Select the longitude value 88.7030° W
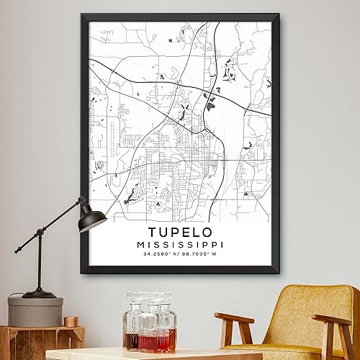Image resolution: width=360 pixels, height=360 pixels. (204, 257)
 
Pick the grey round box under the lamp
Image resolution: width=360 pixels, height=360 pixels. (36, 312)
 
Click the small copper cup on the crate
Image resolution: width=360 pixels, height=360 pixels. (71, 321)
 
